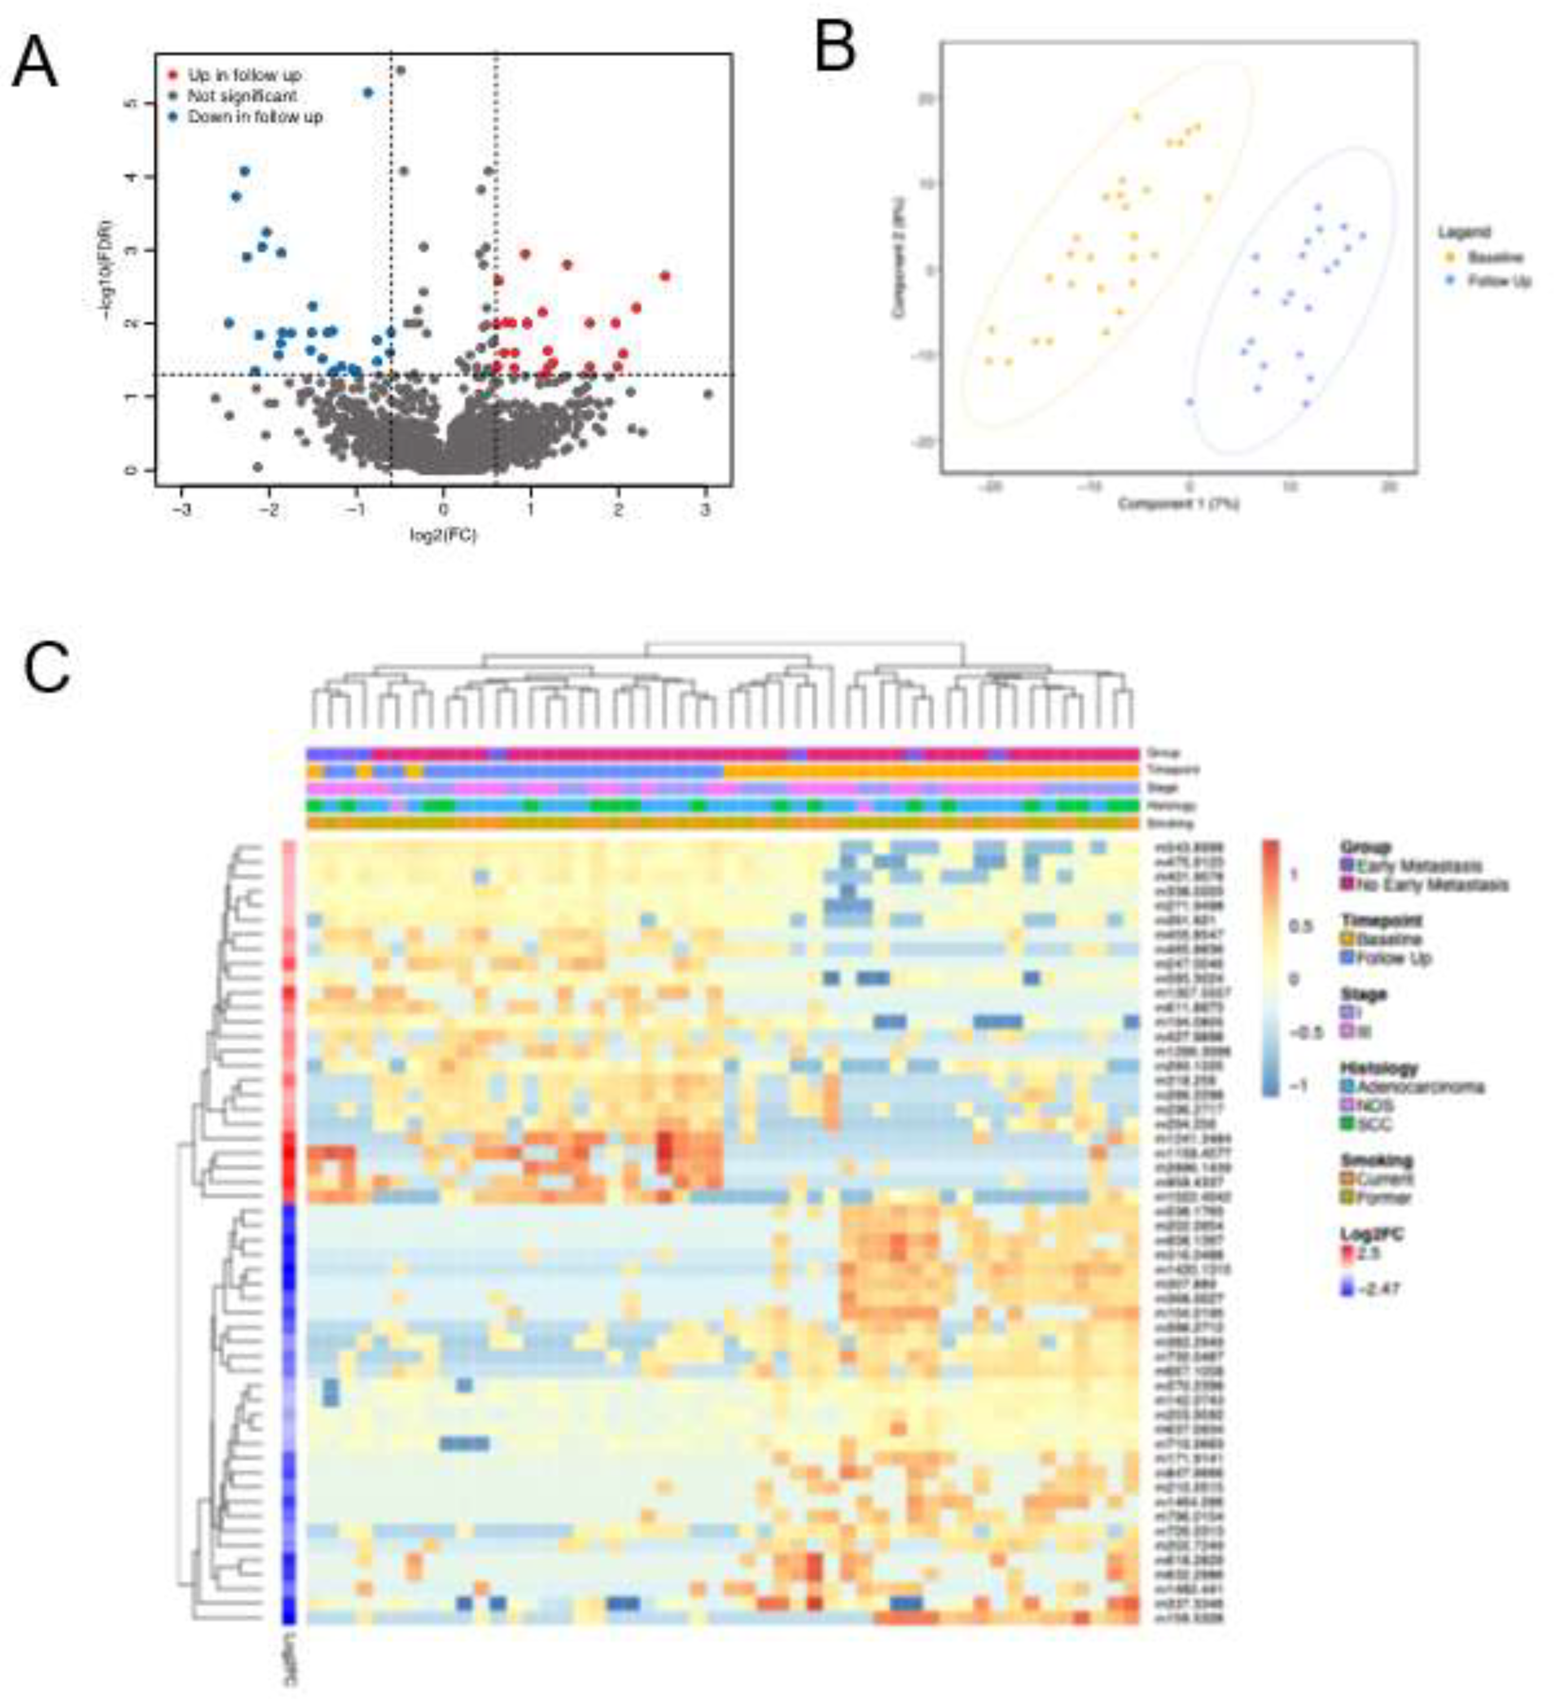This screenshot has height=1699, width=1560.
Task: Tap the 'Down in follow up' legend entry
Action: [254, 117]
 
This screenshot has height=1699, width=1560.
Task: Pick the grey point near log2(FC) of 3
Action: [708, 393]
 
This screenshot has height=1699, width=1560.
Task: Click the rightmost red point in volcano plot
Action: [665, 276]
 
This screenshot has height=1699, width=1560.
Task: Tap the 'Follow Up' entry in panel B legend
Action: [1499, 281]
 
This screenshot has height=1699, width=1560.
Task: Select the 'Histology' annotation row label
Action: [1170, 805]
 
